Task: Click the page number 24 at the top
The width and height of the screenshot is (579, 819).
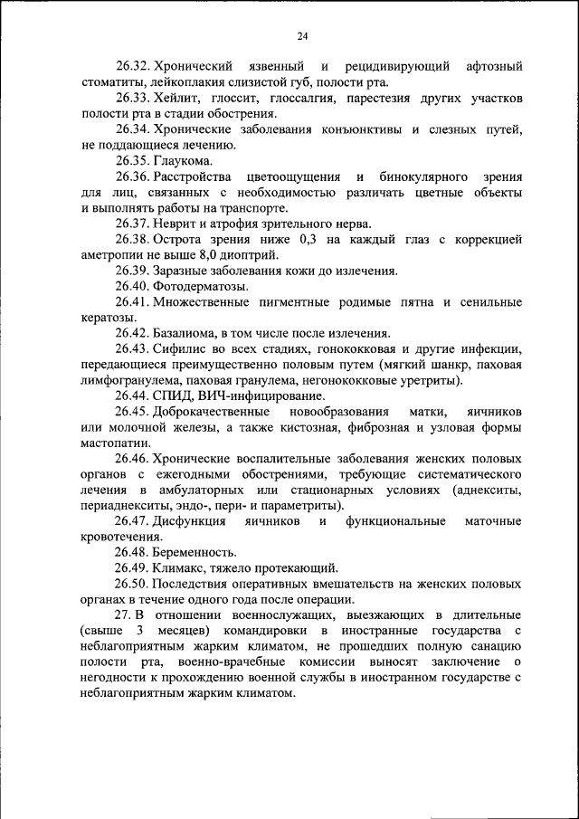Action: (x=301, y=36)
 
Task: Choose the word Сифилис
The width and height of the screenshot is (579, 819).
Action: (x=178, y=348)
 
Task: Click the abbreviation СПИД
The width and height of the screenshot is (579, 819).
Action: (x=172, y=395)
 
